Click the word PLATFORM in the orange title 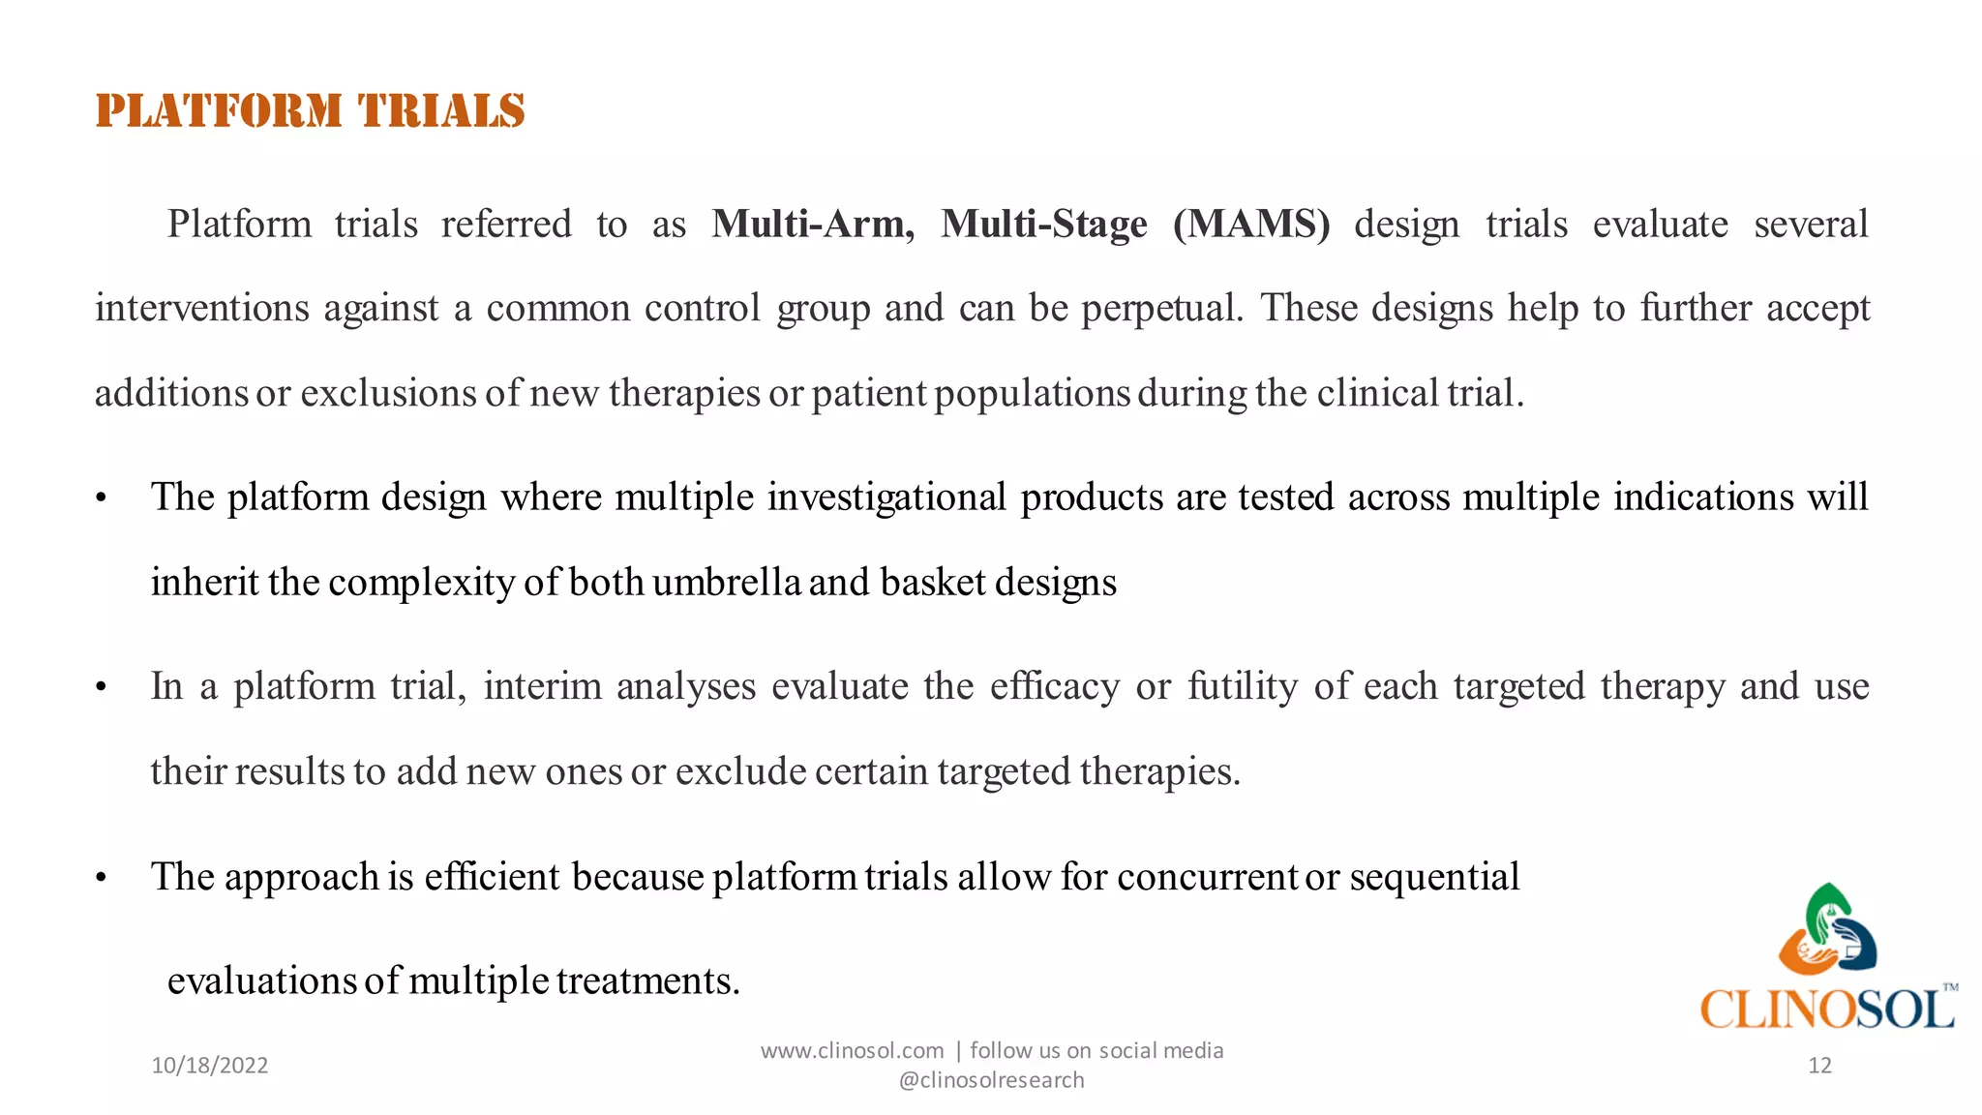219,111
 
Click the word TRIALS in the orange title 441,111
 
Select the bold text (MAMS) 1250,225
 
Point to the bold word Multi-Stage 1043,225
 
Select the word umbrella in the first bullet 726,583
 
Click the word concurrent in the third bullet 1206,877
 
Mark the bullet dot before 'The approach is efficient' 101,879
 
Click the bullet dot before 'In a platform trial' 101,688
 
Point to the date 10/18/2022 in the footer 209,1066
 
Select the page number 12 1819,1066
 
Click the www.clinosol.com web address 852,1051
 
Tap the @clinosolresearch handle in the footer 991,1080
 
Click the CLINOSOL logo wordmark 1827,1010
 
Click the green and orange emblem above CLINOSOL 1827,929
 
